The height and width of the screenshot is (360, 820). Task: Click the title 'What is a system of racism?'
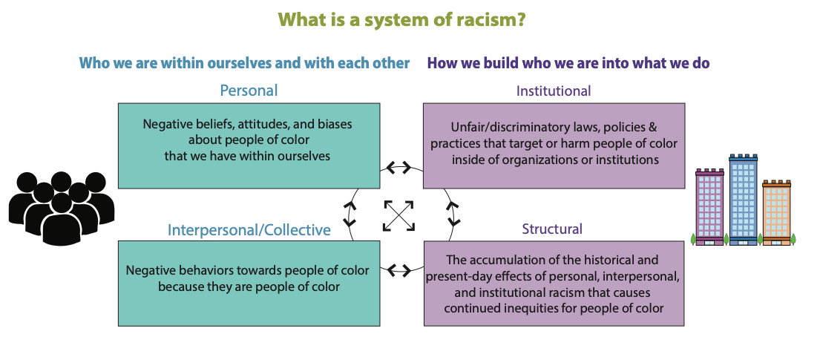pyautogui.click(x=402, y=19)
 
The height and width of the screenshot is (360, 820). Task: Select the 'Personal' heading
pyautogui.click(x=249, y=91)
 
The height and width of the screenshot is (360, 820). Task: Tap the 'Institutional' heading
pyautogui.click(x=554, y=91)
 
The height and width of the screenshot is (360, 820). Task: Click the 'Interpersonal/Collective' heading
pyautogui.click(x=249, y=230)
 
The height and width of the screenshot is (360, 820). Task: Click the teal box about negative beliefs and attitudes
pyautogui.click(x=249, y=145)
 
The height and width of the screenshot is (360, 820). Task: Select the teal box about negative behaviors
pyautogui.click(x=249, y=283)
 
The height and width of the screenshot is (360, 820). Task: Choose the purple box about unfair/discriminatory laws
pyautogui.click(x=554, y=145)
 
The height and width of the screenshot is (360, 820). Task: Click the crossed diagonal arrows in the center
pyautogui.click(x=398, y=216)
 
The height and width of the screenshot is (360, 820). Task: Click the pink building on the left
pyautogui.click(x=710, y=206)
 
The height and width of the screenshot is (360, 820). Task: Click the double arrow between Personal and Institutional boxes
pyautogui.click(x=401, y=167)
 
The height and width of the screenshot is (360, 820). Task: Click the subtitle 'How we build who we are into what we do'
pyautogui.click(x=568, y=63)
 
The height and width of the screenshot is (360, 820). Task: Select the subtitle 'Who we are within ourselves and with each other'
pyautogui.click(x=244, y=63)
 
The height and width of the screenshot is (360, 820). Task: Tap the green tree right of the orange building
pyautogui.click(x=793, y=239)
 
